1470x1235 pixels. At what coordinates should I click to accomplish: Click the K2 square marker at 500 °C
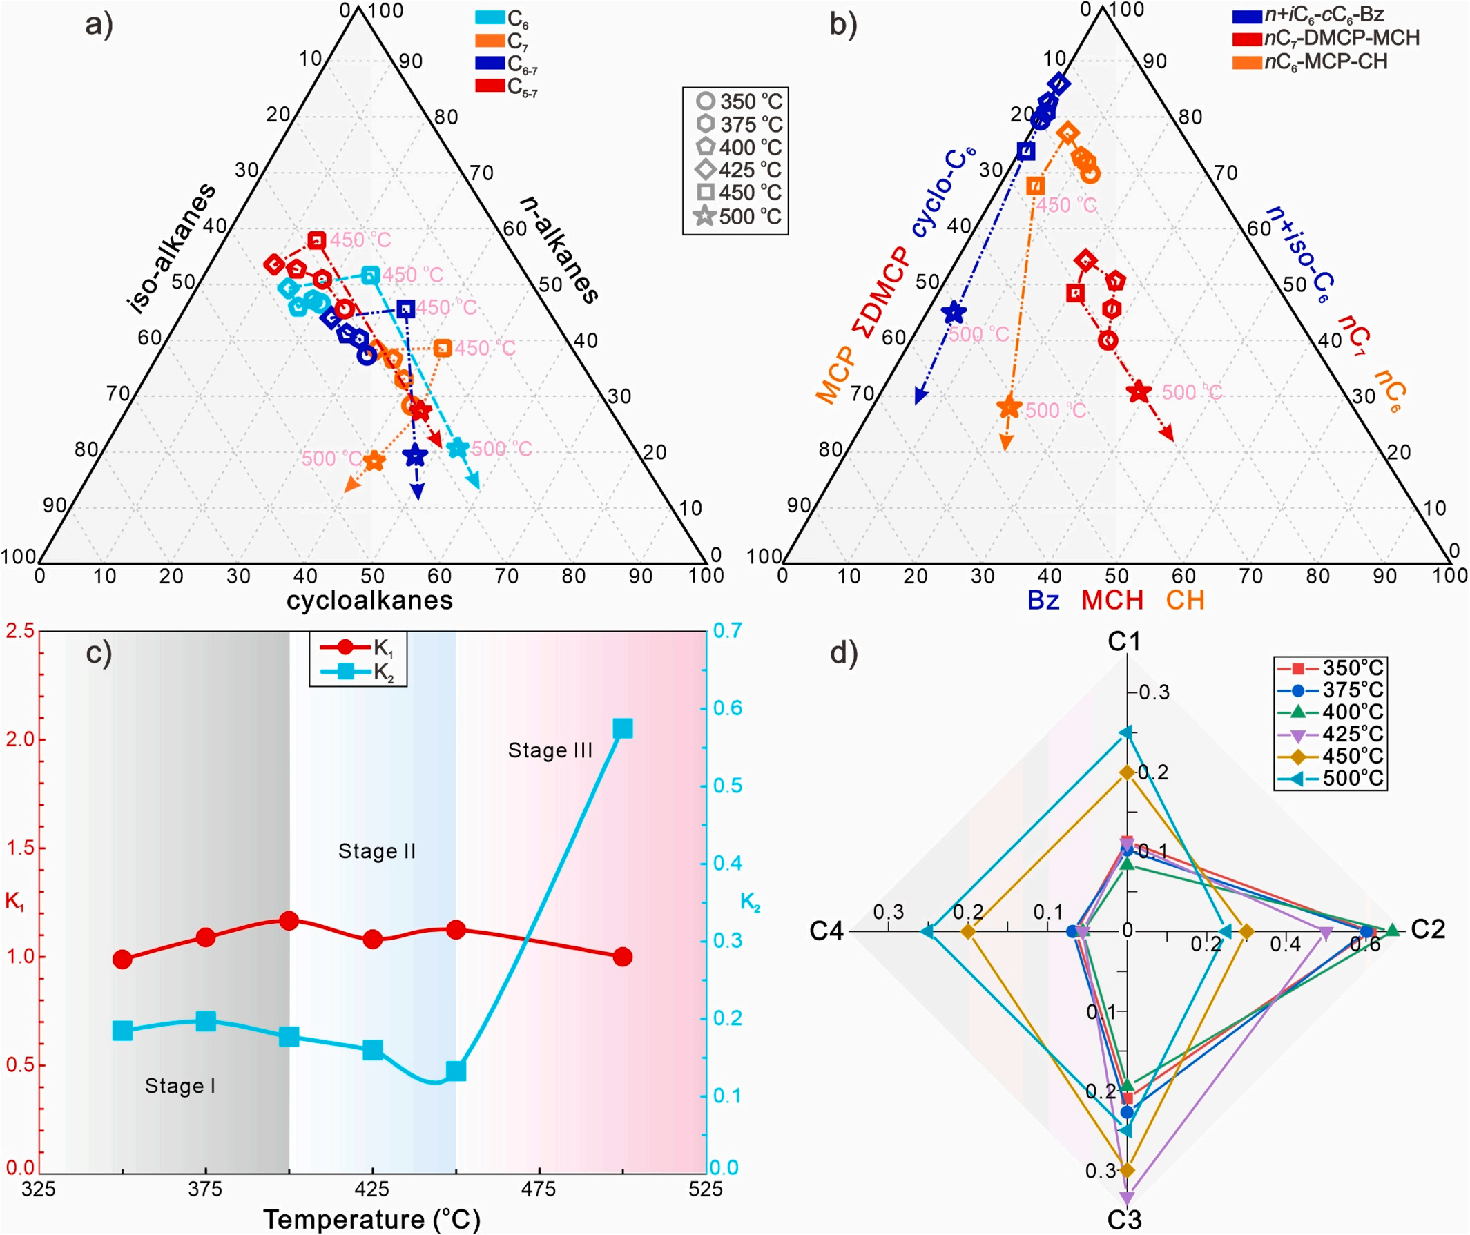pos(623,729)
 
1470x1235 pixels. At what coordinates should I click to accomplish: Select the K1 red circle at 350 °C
pos(123,959)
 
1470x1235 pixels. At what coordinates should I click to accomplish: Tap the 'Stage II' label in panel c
pos(377,851)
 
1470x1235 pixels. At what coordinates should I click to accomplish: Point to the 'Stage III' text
pos(550,750)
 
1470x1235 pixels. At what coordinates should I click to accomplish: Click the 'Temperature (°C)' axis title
pos(372,1219)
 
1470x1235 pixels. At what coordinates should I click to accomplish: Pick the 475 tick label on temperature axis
pos(539,1189)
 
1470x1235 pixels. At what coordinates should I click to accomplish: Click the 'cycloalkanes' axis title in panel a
pos(370,600)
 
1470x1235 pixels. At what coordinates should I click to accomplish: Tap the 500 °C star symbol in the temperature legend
pos(705,216)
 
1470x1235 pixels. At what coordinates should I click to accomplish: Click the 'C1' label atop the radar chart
pos(1124,641)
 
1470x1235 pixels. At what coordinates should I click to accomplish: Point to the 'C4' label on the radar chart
pos(827,931)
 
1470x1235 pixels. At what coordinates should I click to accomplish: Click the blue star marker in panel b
pos(954,313)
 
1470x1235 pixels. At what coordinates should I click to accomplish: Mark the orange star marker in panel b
pos(1009,407)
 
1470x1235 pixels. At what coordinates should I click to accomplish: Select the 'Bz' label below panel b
pos(1043,600)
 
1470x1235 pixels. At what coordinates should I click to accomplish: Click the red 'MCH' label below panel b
pos(1112,600)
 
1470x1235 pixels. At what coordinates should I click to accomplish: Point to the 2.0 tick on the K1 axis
pos(20,739)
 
